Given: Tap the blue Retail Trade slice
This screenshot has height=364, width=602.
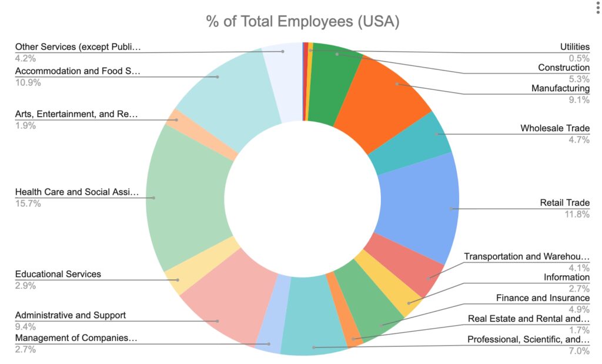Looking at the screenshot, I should (x=417, y=206).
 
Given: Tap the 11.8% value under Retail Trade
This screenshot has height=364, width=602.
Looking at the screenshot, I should (x=578, y=214).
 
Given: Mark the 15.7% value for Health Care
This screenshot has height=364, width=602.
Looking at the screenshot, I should (x=28, y=203).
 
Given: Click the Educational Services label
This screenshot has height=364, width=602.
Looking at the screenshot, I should (x=58, y=274).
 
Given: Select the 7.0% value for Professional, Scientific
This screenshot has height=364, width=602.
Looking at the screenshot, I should (x=579, y=351).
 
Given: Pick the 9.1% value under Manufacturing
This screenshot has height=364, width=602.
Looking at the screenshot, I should (x=579, y=100).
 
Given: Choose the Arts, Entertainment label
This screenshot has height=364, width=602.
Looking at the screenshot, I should (x=76, y=113).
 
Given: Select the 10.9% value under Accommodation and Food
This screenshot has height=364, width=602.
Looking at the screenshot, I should (x=28, y=82).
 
